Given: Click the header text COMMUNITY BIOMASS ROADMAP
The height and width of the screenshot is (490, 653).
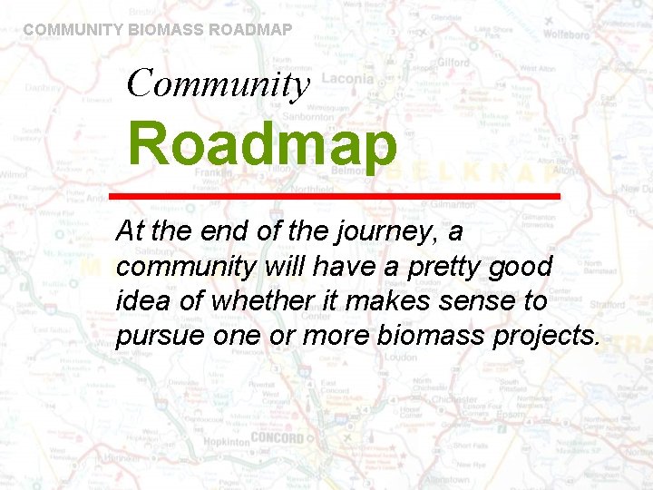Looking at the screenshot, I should point(158,29).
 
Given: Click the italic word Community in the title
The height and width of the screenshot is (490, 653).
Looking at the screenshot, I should point(219,83).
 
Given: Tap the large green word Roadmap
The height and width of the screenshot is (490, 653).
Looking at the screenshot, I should point(262,145).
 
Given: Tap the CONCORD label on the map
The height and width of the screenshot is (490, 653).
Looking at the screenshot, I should point(277,437).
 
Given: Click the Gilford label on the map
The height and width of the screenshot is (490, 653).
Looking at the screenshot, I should point(453,63).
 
